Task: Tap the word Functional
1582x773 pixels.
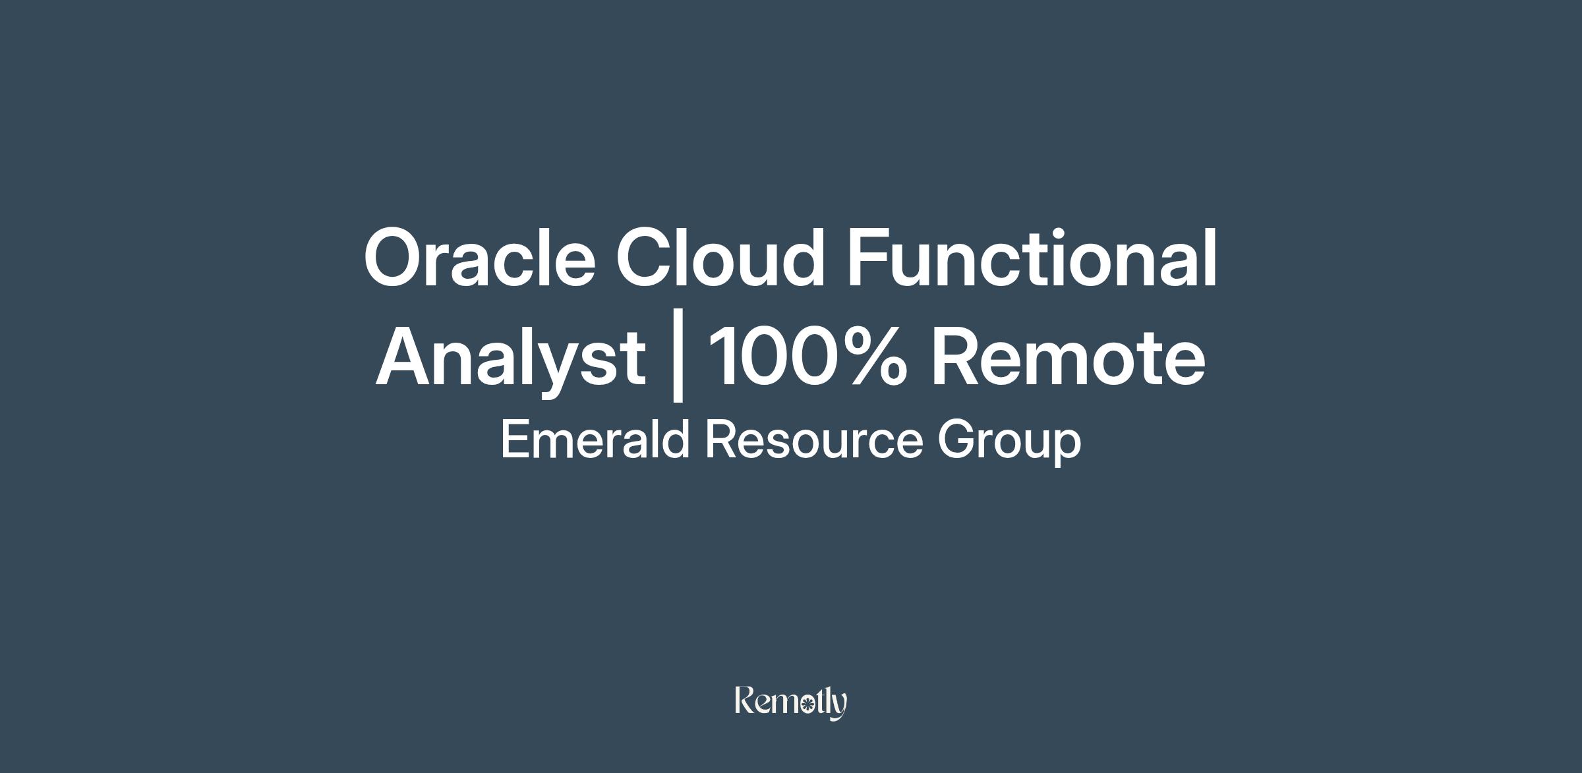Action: tap(1032, 257)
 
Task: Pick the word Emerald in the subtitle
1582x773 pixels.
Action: tap(595, 439)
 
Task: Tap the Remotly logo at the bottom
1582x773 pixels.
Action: tap(791, 702)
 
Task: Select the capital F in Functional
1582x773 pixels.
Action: tap(869, 257)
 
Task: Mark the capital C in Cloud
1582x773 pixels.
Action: tap(645, 258)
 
